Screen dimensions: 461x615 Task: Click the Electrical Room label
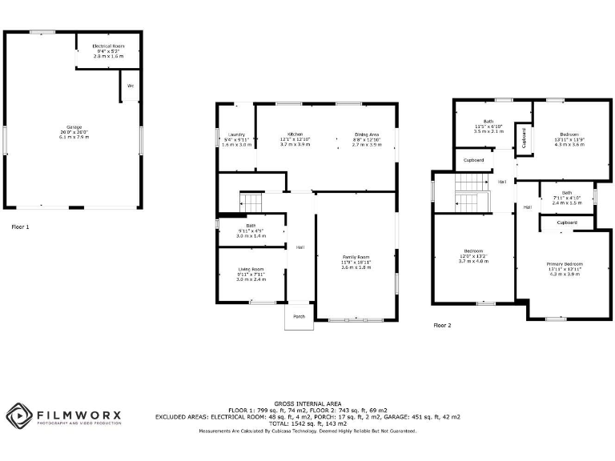tap(108, 47)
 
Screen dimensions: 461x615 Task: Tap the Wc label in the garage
tap(130, 85)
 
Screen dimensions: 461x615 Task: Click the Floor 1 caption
tap(20, 227)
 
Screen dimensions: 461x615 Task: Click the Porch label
tap(299, 316)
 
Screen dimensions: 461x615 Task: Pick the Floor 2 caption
tap(443, 326)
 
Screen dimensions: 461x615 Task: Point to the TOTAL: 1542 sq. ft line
tap(308, 423)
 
